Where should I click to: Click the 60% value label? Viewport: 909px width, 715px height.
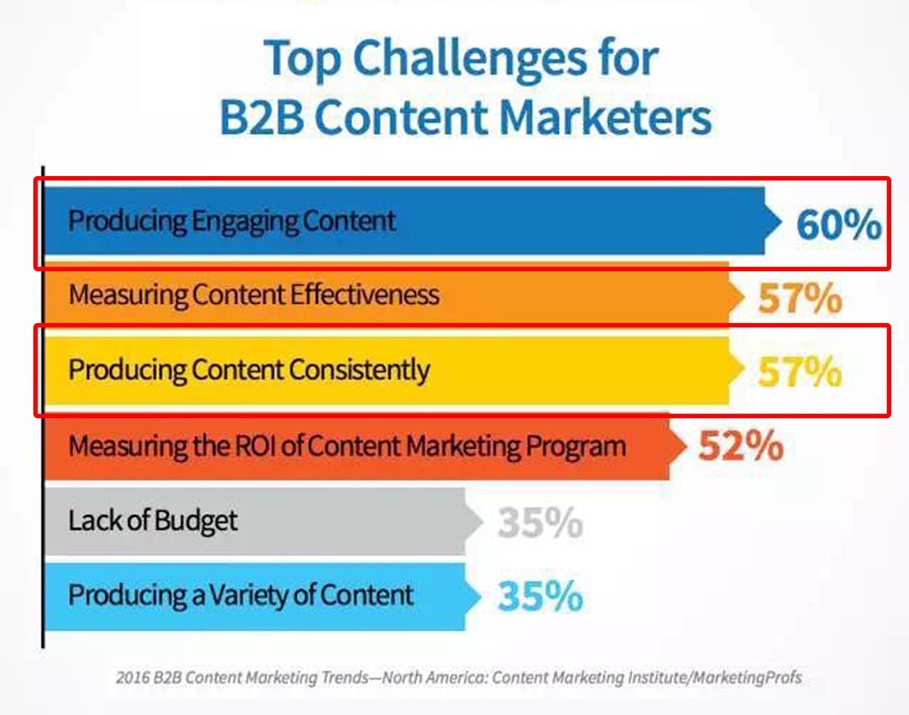tap(839, 224)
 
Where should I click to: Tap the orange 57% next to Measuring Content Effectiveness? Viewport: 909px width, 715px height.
tap(800, 298)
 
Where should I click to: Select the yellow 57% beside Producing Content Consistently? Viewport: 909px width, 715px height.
tap(800, 371)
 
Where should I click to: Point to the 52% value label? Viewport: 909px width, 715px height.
tap(741, 445)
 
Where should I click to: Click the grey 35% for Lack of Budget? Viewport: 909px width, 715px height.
tap(540, 522)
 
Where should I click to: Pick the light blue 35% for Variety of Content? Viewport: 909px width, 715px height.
tap(540, 596)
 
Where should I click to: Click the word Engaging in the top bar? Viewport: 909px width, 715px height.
tap(245, 222)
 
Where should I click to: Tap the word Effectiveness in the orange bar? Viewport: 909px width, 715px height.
tap(364, 295)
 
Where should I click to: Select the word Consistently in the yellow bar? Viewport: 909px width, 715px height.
tap(359, 371)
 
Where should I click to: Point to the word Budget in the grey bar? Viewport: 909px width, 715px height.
tap(195, 520)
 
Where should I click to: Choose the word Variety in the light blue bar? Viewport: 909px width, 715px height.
tap(262, 596)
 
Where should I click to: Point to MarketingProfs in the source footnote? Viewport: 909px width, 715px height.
tap(748, 678)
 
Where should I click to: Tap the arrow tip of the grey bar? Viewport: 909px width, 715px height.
tap(482, 522)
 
